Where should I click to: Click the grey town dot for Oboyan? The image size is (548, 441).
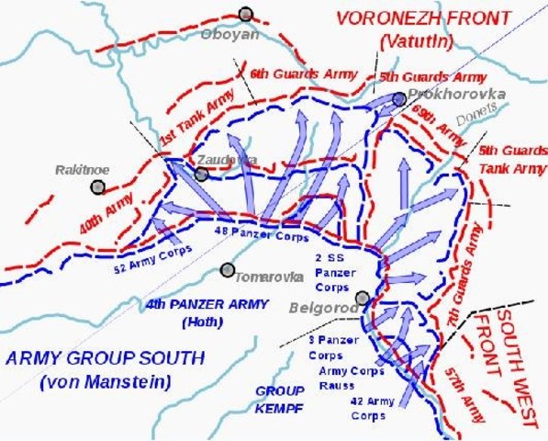[x=245, y=14]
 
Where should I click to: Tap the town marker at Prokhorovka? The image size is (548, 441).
[x=398, y=99]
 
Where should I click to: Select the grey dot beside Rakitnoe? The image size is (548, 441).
[x=97, y=187]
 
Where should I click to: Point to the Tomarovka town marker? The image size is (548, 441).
[x=227, y=270]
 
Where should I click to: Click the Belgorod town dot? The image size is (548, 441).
[x=363, y=298]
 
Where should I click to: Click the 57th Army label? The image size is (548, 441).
[x=460, y=387]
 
